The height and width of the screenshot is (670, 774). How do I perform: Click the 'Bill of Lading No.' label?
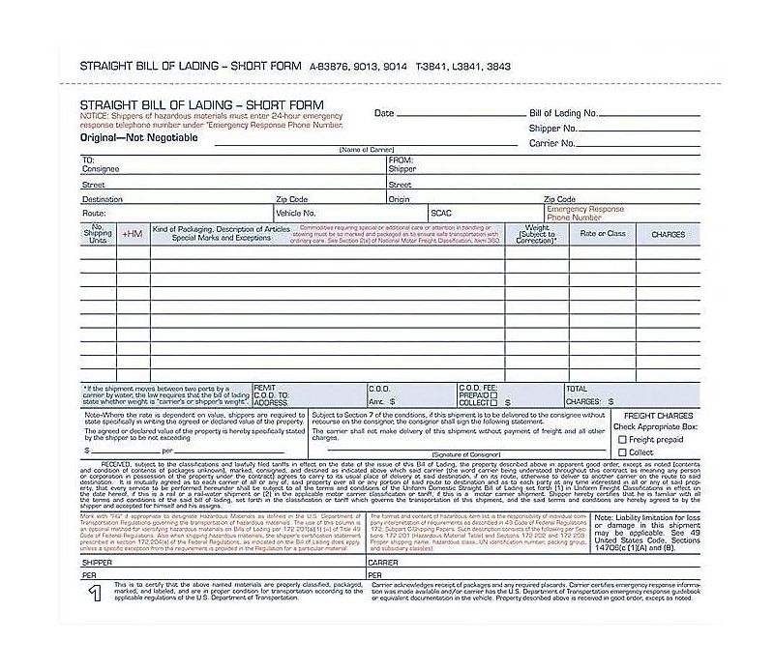tap(563, 113)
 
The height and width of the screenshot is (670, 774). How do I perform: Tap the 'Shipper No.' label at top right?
tap(553, 128)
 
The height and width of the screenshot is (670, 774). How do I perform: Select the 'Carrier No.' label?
tap(552, 143)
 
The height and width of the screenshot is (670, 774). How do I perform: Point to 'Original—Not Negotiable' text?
tap(138, 137)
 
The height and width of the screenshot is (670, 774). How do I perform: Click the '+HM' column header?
tap(132, 234)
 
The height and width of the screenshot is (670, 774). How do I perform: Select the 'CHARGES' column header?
tap(668, 234)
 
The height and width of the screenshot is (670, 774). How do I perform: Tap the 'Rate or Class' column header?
tap(603, 234)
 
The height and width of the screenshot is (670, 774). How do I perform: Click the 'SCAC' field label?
tap(441, 213)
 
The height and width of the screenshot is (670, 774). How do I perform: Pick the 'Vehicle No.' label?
tap(296, 213)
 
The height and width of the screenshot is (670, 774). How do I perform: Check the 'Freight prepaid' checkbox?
tap(622, 439)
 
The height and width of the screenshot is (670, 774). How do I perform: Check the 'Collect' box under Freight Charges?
tap(622, 452)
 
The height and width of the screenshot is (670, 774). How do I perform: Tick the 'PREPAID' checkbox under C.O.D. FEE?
tap(493, 394)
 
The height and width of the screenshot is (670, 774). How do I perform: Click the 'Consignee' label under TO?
tap(101, 169)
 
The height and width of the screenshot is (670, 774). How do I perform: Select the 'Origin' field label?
tap(399, 199)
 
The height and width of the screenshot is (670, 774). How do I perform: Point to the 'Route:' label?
tap(94, 213)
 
